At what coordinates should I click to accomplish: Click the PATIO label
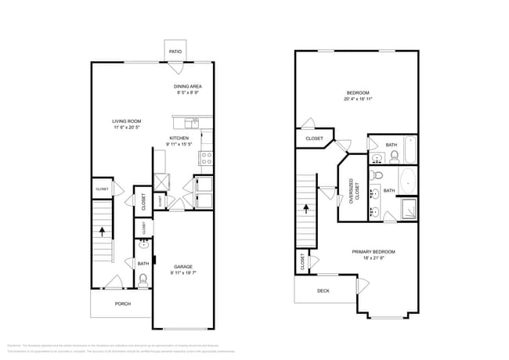[175, 52]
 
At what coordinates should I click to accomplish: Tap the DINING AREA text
[188, 86]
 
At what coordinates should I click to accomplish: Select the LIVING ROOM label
[126, 121]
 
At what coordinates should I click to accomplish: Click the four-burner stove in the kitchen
[207, 156]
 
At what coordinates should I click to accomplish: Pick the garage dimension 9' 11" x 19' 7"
[182, 272]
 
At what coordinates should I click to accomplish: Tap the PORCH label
[123, 304]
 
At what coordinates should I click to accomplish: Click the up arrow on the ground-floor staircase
[102, 231]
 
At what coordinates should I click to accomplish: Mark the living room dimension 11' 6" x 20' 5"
[126, 128]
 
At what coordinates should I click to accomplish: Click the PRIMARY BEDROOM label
[373, 251]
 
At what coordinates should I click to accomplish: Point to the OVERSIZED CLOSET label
[352, 189]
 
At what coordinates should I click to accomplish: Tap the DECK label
[323, 290]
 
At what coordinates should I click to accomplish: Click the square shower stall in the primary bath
[408, 209]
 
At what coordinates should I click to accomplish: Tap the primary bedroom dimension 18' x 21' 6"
[373, 259]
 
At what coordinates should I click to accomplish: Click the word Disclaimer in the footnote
[14, 345]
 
